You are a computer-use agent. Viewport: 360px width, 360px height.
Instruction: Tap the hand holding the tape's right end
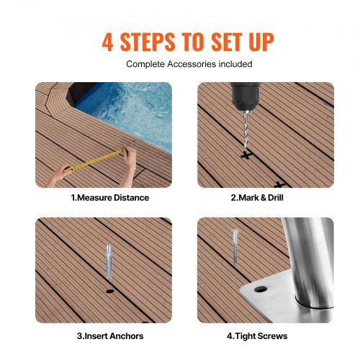pyautogui.click(x=128, y=156)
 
